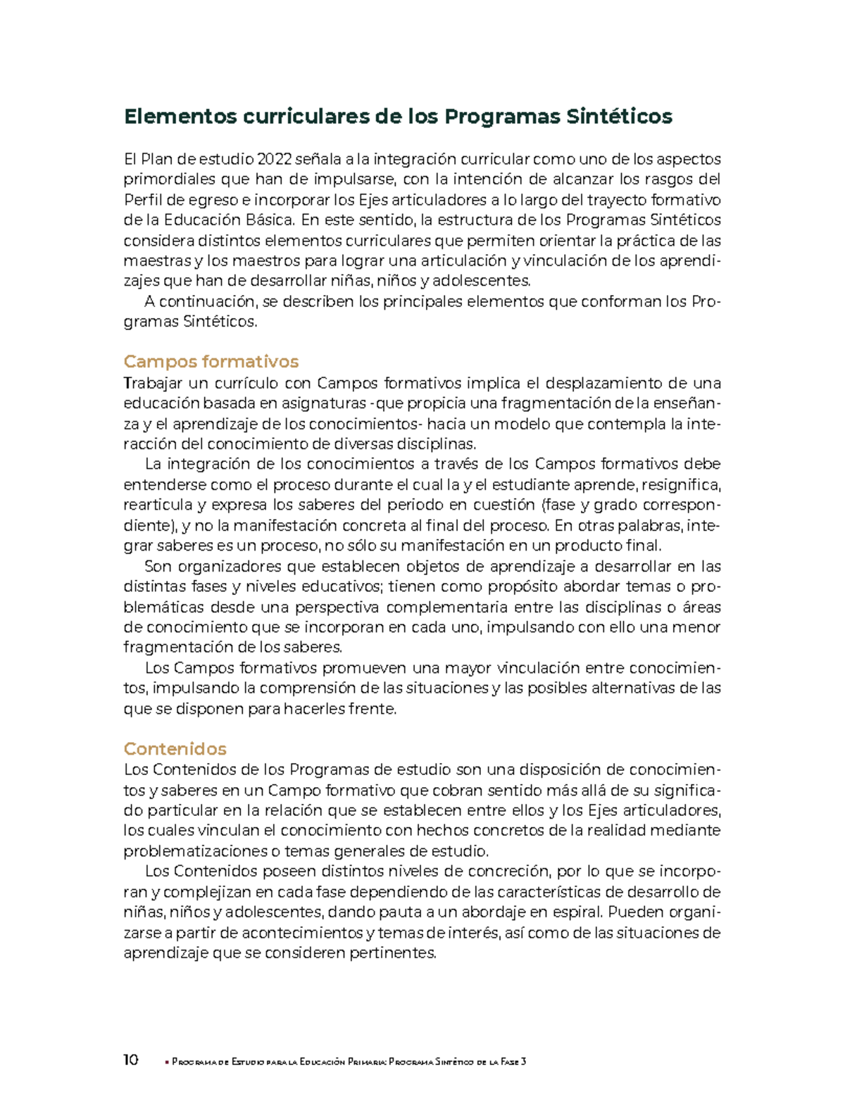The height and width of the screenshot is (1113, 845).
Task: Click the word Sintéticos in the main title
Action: coord(619,116)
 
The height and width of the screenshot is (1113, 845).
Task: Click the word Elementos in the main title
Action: coord(180,116)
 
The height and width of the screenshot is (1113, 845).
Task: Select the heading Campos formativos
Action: coord(211,361)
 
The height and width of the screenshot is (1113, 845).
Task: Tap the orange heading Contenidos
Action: coord(175,748)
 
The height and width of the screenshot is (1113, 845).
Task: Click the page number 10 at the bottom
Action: coord(131,1060)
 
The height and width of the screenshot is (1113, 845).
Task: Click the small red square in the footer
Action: coord(167,1062)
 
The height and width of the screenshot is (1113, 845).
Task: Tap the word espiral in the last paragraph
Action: coord(577,912)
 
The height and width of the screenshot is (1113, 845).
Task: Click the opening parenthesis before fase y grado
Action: coord(542,505)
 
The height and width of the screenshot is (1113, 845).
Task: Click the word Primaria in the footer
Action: coord(365,1062)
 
